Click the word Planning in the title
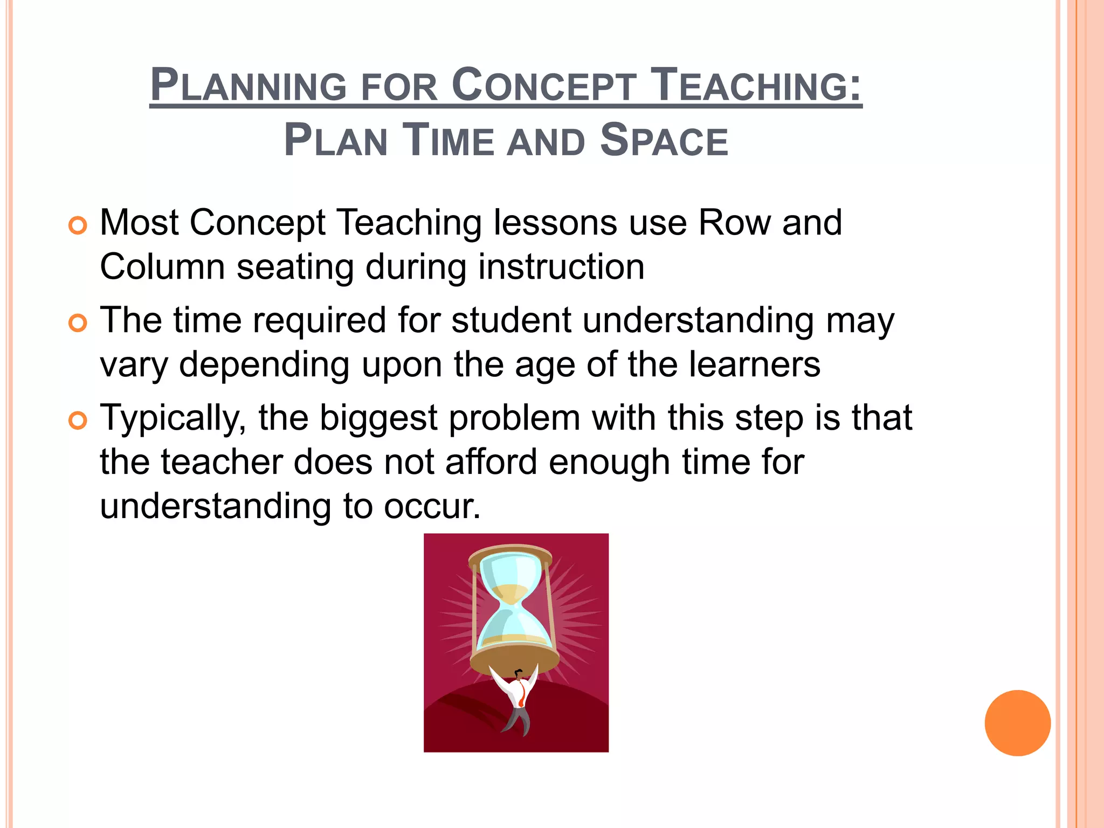coord(248,85)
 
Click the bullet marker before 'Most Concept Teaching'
coord(78,225)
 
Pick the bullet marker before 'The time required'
coord(78,323)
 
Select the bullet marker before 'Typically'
coord(78,420)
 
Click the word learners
coord(755,364)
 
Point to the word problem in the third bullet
coord(514,418)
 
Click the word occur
coord(431,507)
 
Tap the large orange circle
coord(1017,723)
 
